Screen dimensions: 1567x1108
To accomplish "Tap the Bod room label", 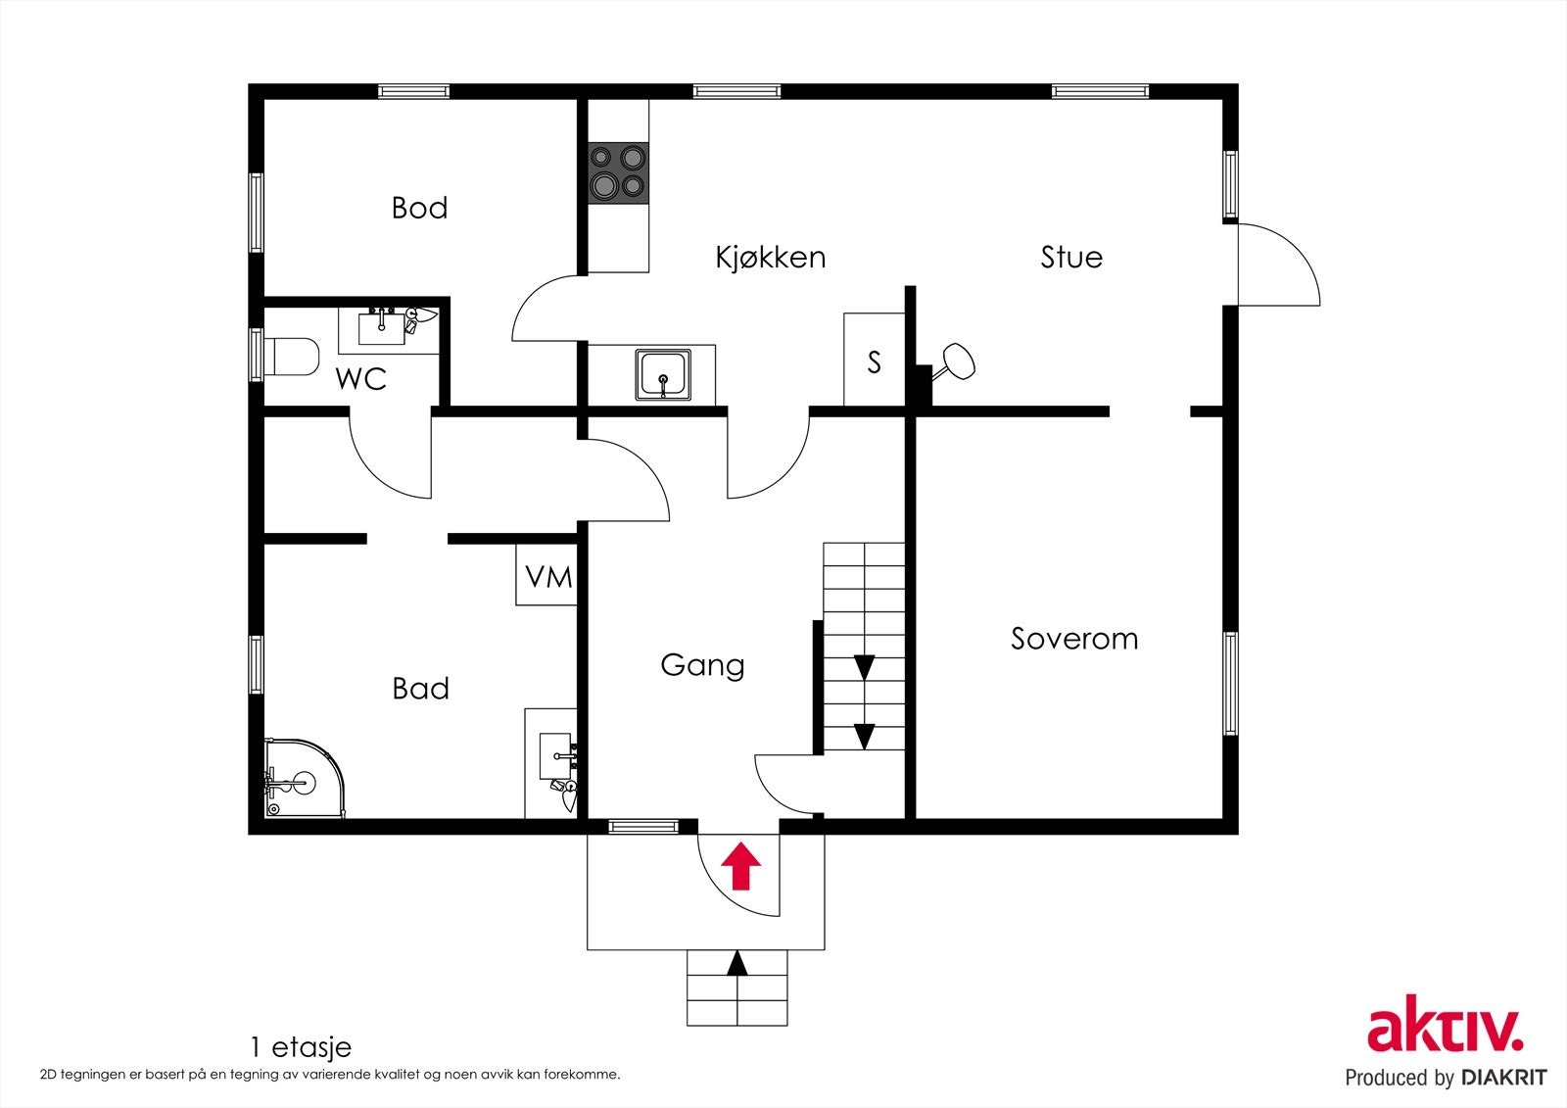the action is coord(419,208).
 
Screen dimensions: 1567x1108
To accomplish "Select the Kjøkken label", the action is coord(770,258).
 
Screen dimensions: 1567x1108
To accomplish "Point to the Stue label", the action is coord(1071,257).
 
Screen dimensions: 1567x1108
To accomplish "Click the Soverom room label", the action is coord(1073,639).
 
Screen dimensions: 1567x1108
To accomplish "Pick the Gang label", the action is coord(702,665).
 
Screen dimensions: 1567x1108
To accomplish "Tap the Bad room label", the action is coord(420,689).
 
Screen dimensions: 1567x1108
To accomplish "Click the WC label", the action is coord(361,379).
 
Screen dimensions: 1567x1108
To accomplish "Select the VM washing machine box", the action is coord(546,574).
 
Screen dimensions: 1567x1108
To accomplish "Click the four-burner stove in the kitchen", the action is coord(618,173).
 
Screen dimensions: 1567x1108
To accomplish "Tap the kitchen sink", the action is coord(663,375).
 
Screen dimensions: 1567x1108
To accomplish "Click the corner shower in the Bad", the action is coord(305,778).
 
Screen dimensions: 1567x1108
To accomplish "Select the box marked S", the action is coord(875,360).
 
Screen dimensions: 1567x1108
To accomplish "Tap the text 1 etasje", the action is coord(301,1047).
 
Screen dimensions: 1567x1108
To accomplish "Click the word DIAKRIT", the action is coord(1502,1078).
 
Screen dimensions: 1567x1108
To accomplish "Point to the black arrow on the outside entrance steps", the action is coord(737,964).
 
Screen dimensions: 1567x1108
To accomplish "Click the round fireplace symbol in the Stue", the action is coord(958,361).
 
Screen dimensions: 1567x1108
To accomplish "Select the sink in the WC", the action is coord(382,327).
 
